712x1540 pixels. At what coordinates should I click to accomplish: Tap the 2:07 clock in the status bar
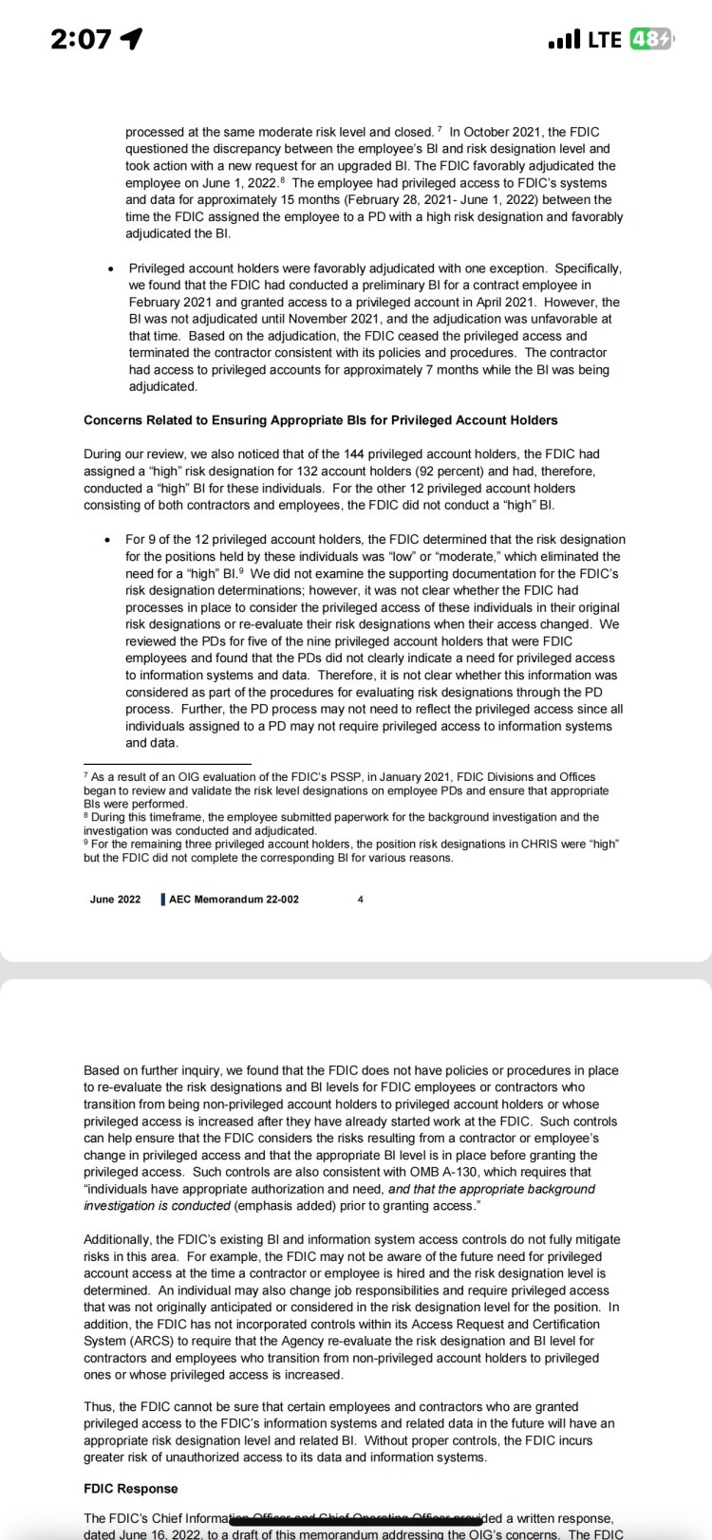tap(71, 39)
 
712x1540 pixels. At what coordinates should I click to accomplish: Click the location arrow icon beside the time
tap(132, 39)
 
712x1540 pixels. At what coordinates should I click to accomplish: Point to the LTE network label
tap(605, 40)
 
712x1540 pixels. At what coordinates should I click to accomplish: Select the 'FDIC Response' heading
tap(130, 1488)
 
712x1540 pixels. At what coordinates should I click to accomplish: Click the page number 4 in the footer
tap(360, 899)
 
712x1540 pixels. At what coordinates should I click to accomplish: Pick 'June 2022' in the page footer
tap(115, 899)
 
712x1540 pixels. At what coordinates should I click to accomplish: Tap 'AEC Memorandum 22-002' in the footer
tap(234, 899)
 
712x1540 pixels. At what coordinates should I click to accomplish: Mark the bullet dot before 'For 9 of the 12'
tap(110, 539)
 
